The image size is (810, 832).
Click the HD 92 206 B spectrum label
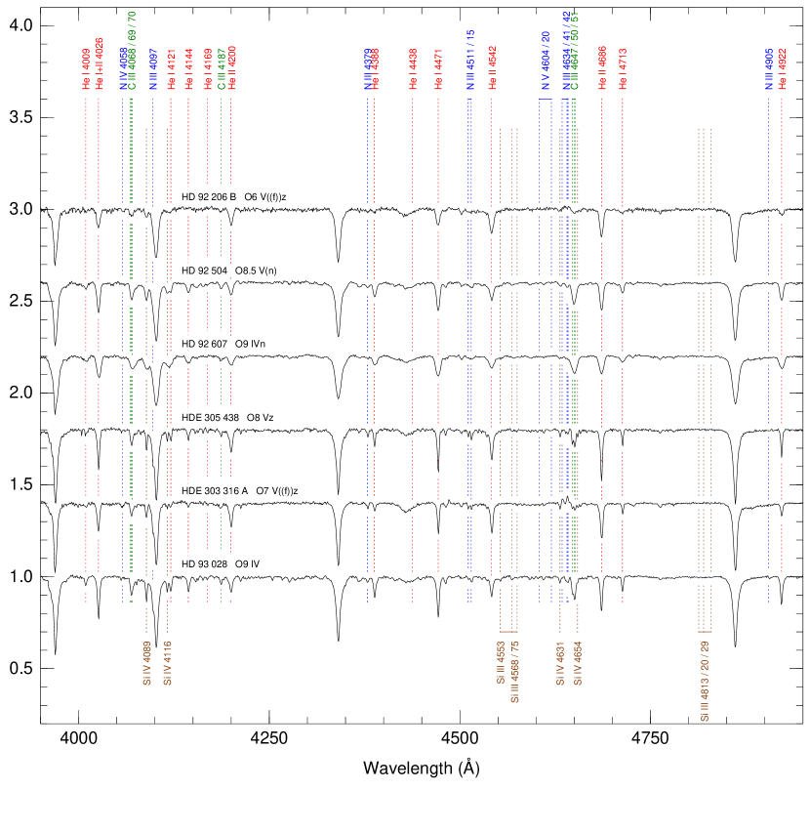234,197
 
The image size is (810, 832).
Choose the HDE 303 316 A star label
240,490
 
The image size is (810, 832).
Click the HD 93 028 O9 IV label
222,564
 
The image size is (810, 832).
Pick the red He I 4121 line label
171,69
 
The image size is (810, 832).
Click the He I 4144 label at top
188,69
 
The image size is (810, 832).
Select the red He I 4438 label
413,69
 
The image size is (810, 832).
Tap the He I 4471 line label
438,69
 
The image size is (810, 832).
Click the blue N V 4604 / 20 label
546,61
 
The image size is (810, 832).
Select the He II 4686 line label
602,69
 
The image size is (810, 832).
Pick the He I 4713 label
623,69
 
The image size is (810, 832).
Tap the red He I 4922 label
782,69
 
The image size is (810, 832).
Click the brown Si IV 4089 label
146,663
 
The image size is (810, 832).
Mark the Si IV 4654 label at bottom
578,663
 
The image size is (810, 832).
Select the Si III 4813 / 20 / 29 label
705,682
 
